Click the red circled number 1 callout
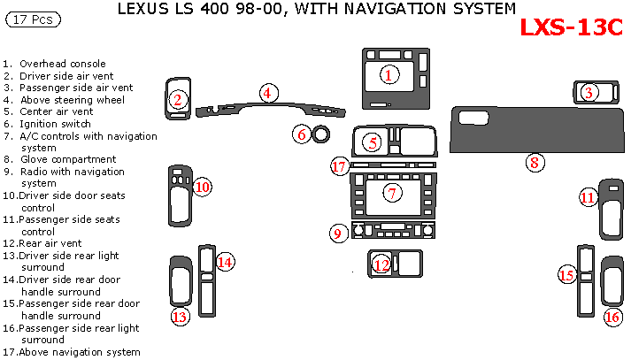point(388,74)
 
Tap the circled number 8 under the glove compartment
point(534,162)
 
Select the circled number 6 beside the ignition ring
point(302,134)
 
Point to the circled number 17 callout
point(339,166)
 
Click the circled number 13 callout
point(180,317)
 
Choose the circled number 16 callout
point(612,317)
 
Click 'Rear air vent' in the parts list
point(56,242)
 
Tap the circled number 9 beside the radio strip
point(337,234)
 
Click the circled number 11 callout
point(588,198)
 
